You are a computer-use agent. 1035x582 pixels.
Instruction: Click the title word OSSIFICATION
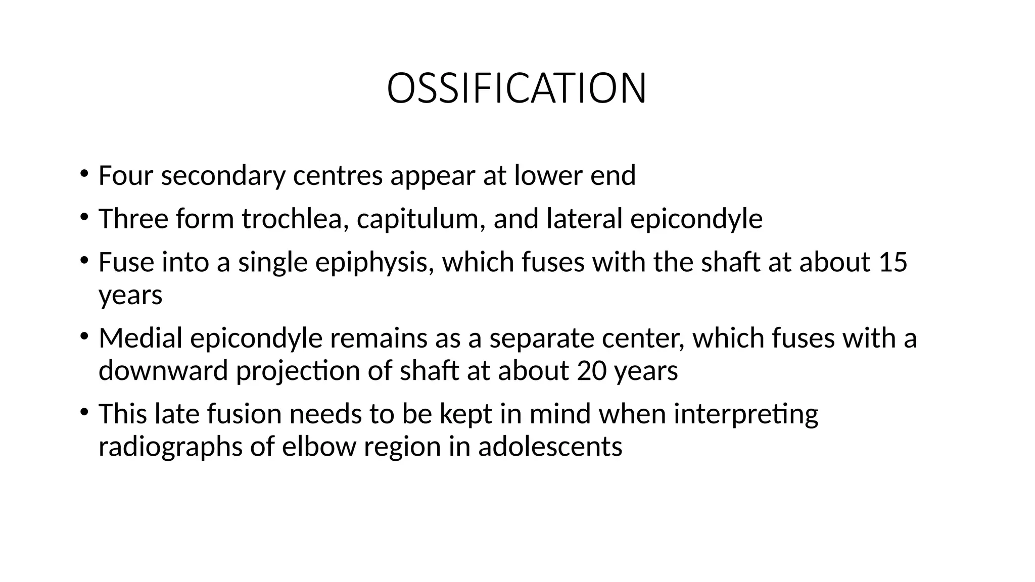click(x=516, y=89)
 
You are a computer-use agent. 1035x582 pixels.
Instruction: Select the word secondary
click(x=223, y=176)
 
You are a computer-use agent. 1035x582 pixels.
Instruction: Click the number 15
click(x=893, y=262)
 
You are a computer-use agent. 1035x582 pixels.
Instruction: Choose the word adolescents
click(x=550, y=447)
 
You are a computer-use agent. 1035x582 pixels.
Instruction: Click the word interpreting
click(x=746, y=414)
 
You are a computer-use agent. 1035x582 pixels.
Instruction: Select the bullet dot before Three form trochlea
click(x=83, y=217)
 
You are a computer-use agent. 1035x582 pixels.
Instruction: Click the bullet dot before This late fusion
click(x=83, y=412)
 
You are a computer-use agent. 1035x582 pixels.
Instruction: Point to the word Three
click(x=133, y=219)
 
